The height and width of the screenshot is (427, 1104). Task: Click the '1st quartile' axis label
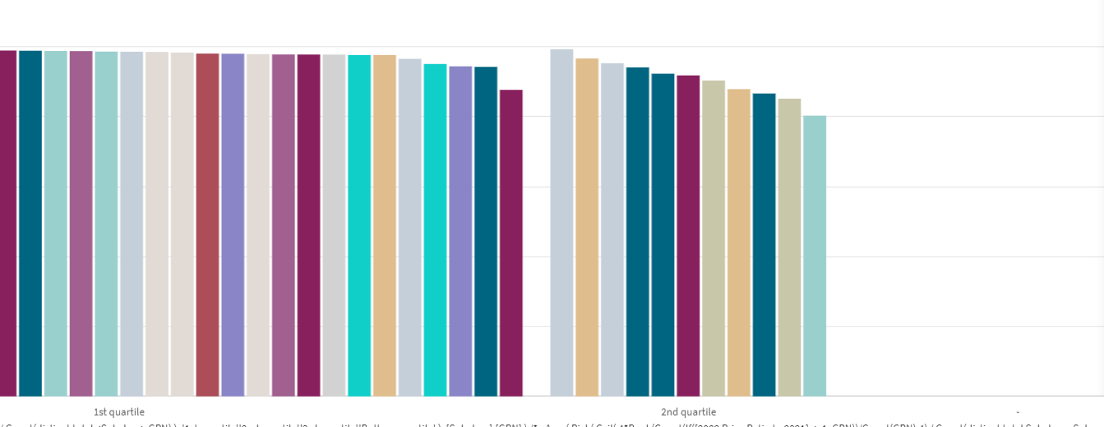point(119,412)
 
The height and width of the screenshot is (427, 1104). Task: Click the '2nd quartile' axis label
point(688,412)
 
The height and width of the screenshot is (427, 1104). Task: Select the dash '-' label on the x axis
point(1018,412)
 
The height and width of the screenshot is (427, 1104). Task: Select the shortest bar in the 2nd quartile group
point(814,256)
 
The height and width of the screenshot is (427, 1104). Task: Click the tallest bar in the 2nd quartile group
point(561,223)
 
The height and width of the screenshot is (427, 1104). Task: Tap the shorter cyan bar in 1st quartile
point(435,230)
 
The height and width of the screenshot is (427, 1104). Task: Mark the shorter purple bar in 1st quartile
point(460,231)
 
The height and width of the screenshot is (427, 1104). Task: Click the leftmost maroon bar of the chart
point(7,223)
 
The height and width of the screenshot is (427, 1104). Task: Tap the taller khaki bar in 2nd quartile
point(714,239)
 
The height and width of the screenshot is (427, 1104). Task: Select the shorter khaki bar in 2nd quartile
point(789,248)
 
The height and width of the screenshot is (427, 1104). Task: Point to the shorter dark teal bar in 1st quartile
point(485,231)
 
